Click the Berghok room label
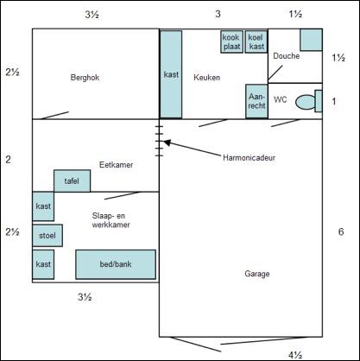click(85, 78)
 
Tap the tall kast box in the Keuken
click(171, 74)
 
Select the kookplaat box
click(231, 41)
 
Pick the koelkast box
click(256, 41)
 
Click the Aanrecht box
click(256, 101)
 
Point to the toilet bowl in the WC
click(305, 102)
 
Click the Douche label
click(287, 56)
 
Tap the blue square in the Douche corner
click(311, 40)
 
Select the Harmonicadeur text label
click(249, 158)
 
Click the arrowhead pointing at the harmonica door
click(167, 142)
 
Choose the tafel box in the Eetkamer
click(72, 180)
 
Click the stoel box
click(47, 236)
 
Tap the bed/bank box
click(116, 264)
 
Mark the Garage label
click(257, 274)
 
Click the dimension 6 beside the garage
click(341, 231)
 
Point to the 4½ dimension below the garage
click(295, 356)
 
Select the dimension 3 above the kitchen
click(218, 14)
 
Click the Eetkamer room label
click(117, 165)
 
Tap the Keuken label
click(207, 78)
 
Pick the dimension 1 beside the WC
click(334, 101)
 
